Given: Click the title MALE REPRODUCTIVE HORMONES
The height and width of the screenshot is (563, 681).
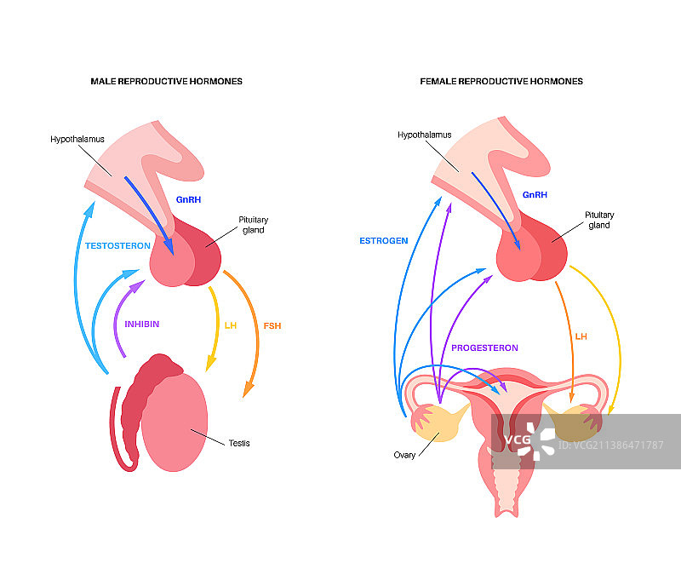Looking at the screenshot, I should click(x=167, y=82).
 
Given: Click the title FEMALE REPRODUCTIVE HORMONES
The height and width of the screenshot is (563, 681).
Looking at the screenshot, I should click(x=501, y=82).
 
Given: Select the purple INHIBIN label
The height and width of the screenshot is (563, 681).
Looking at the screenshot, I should click(x=142, y=324).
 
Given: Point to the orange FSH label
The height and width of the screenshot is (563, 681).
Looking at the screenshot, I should click(x=272, y=325).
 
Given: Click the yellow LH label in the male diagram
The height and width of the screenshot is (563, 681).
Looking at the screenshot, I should click(x=230, y=325).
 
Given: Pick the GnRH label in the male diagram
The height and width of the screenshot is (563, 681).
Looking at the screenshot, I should click(x=188, y=199).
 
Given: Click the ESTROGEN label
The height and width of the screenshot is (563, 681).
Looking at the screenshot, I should click(x=383, y=241).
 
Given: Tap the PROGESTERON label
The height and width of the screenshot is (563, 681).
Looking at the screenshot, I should click(x=484, y=348).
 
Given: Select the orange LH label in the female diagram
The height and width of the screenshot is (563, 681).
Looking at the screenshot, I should click(x=581, y=337).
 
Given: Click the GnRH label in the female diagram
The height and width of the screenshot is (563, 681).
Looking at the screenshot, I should click(x=535, y=195).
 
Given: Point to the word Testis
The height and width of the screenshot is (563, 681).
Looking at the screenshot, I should click(x=239, y=443).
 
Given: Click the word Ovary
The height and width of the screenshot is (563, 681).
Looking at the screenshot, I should click(x=404, y=455).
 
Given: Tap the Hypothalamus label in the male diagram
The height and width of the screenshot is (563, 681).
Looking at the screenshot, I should click(x=77, y=136).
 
